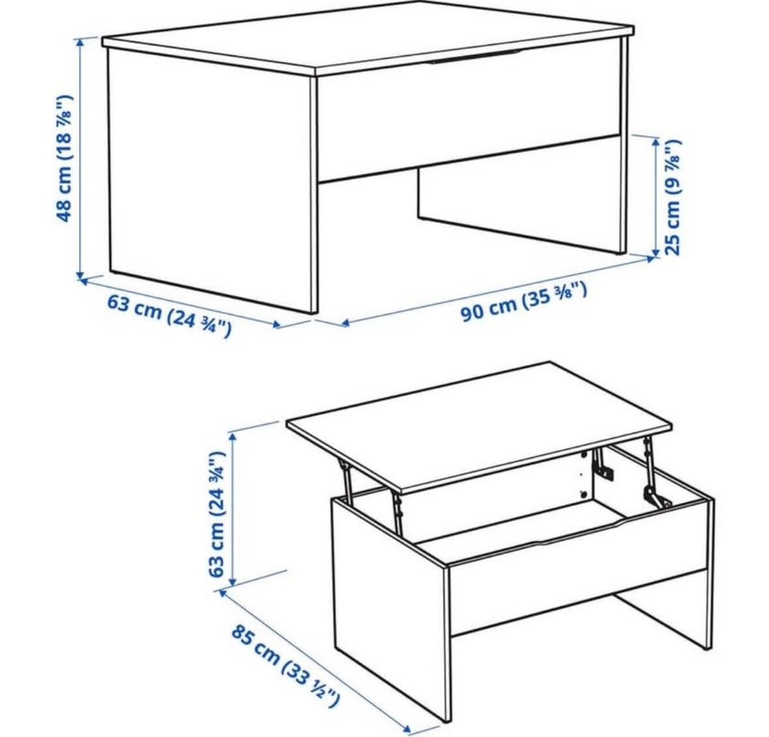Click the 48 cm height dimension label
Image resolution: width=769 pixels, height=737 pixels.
click(65, 158)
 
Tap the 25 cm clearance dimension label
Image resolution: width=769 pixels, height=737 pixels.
click(673, 197)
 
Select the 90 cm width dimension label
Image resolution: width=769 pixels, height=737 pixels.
click(523, 302)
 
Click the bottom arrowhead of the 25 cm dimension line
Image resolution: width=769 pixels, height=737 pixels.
click(656, 252)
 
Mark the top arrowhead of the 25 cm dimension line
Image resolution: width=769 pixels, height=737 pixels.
click(656, 142)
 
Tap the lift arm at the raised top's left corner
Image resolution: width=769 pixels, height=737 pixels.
click(347, 483)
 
